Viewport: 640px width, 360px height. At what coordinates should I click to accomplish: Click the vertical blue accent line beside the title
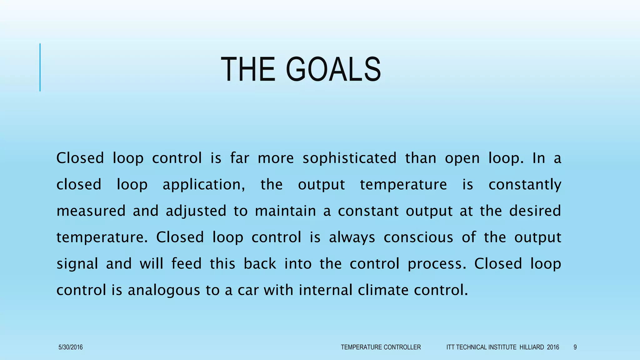(x=40, y=67)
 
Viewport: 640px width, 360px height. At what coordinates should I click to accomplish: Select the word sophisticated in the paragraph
(x=349, y=158)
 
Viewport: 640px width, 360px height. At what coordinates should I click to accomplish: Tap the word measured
(x=91, y=211)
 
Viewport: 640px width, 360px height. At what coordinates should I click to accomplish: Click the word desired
(x=535, y=211)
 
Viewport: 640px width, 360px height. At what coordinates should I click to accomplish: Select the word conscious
(x=418, y=237)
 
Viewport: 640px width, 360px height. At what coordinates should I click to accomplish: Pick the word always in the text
(x=352, y=237)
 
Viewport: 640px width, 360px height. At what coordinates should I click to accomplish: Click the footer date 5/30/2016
(x=71, y=347)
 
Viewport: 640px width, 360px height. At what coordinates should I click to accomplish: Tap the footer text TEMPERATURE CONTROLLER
(x=381, y=347)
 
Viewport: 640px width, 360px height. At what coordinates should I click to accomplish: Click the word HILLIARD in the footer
(x=532, y=347)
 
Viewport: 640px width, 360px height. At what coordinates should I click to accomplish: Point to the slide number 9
(x=575, y=347)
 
